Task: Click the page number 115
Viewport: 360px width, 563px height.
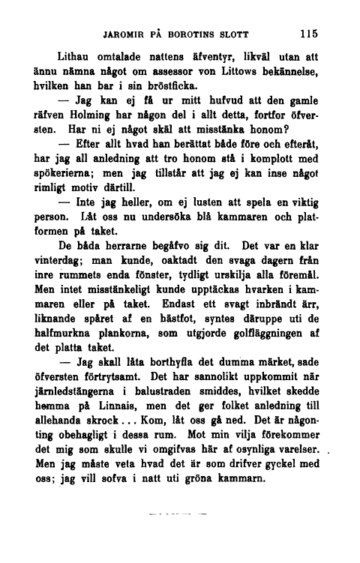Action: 307,34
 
